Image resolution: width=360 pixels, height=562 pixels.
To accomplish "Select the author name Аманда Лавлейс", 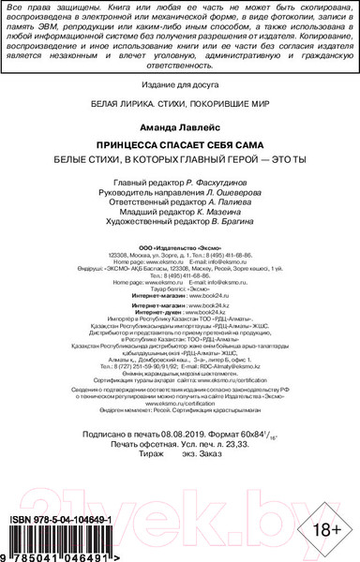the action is click(179, 125).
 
